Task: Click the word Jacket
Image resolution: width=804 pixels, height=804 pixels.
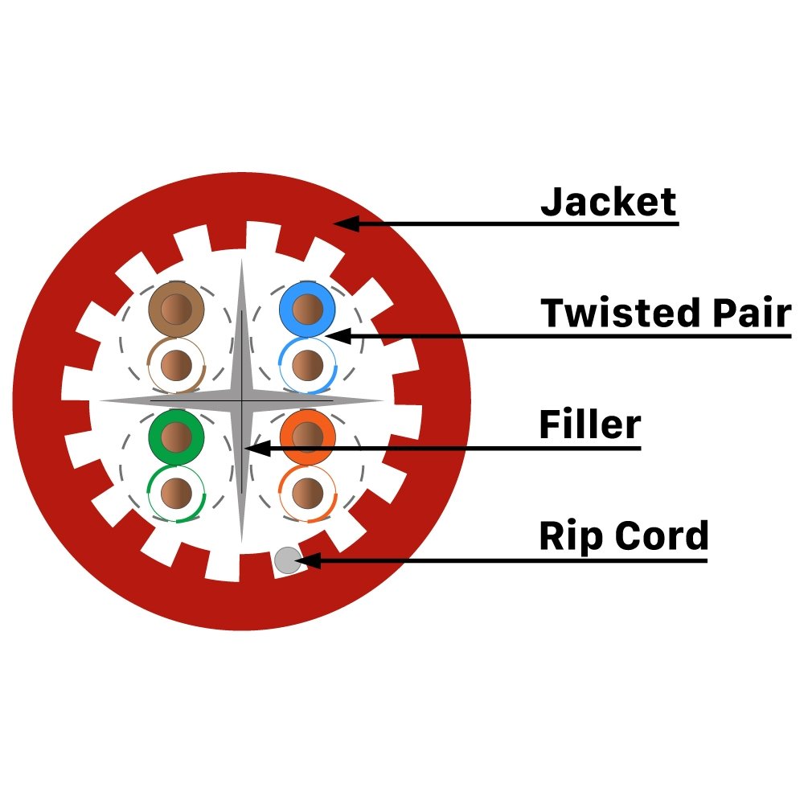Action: pyautogui.click(x=608, y=202)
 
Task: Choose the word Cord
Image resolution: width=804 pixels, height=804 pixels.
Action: pyautogui.click(x=662, y=535)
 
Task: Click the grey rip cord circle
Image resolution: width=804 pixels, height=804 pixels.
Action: pyautogui.click(x=288, y=560)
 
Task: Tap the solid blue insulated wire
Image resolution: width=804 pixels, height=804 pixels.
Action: pyautogui.click(x=307, y=310)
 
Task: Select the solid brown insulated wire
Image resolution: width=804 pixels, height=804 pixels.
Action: pyautogui.click(x=176, y=310)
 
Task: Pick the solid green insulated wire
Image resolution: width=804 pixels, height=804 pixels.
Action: pyautogui.click(x=176, y=437)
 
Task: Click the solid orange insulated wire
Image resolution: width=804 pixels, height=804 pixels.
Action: pyautogui.click(x=308, y=437)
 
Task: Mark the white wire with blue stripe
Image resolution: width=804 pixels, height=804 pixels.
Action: pyautogui.click(x=308, y=365)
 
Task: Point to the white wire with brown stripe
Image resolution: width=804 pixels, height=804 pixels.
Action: pyautogui.click(x=176, y=365)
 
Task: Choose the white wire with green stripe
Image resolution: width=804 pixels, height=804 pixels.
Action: pyautogui.click(x=176, y=494)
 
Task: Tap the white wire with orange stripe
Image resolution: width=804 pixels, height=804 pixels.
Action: pyautogui.click(x=308, y=494)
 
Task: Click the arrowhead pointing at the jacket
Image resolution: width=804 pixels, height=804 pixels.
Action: pyautogui.click(x=346, y=224)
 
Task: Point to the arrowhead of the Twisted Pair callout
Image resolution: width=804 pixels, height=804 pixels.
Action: pyautogui.click(x=338, y=336)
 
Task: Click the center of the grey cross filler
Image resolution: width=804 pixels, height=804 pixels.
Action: pyautogui.click(x=241, y=400)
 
